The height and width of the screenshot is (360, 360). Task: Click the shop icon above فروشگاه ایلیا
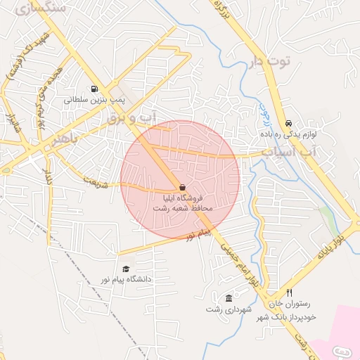(183, 188)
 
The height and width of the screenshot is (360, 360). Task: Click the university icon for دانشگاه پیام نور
(127, 269)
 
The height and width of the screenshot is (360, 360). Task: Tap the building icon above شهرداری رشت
(229, 298)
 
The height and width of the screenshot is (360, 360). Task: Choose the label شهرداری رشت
(228, 309)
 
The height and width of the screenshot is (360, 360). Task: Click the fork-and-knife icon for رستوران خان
(289, 292)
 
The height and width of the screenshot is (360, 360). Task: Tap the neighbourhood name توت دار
(269, 62)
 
